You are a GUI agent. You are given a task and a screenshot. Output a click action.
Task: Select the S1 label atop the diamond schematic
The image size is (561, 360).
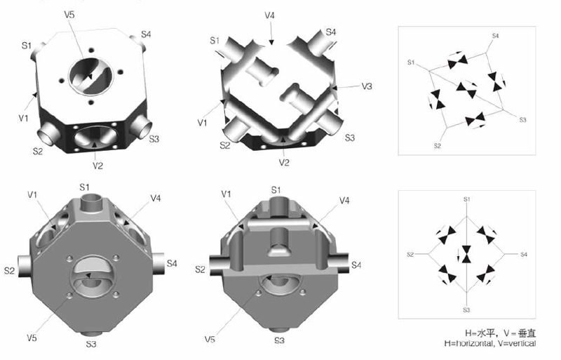coord(466,200)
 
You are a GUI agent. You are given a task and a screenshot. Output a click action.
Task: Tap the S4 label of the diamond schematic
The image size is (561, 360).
coord(523,253)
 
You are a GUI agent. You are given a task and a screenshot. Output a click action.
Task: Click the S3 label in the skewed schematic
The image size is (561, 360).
coord(522,121)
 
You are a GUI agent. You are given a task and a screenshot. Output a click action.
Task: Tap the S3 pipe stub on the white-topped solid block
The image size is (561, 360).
coord(140,126)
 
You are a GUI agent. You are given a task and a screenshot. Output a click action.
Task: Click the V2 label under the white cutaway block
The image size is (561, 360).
coord(284,162)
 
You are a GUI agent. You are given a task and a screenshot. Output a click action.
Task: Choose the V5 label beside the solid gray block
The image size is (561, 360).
coord(32,338)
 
